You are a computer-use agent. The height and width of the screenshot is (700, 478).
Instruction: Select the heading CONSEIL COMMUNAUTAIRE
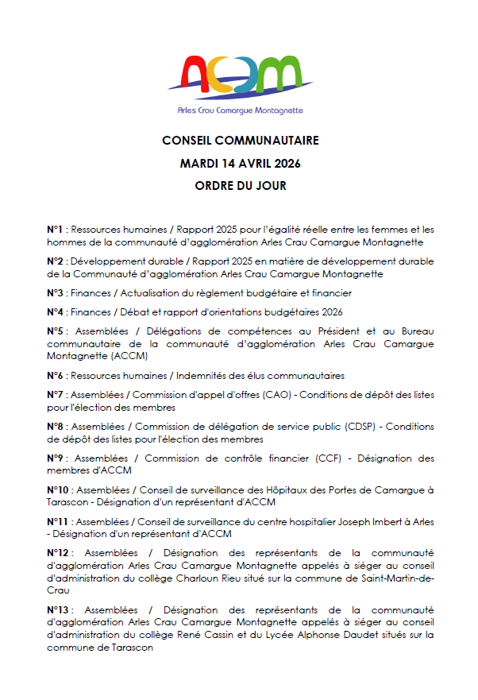point(240,141)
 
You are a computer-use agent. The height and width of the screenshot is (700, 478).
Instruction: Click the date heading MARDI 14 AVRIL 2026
point(240,164)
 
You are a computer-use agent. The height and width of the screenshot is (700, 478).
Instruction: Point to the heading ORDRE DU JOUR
point(240,187)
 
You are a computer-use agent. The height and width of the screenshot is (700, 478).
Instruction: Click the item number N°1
point(55,230)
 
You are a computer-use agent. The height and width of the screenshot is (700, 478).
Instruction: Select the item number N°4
point(55,312)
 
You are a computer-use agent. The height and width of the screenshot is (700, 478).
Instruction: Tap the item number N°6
point(55,376)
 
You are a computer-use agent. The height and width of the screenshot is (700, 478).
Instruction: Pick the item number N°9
point(56,458)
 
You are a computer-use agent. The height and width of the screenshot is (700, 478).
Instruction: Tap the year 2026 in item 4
point(330,312)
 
